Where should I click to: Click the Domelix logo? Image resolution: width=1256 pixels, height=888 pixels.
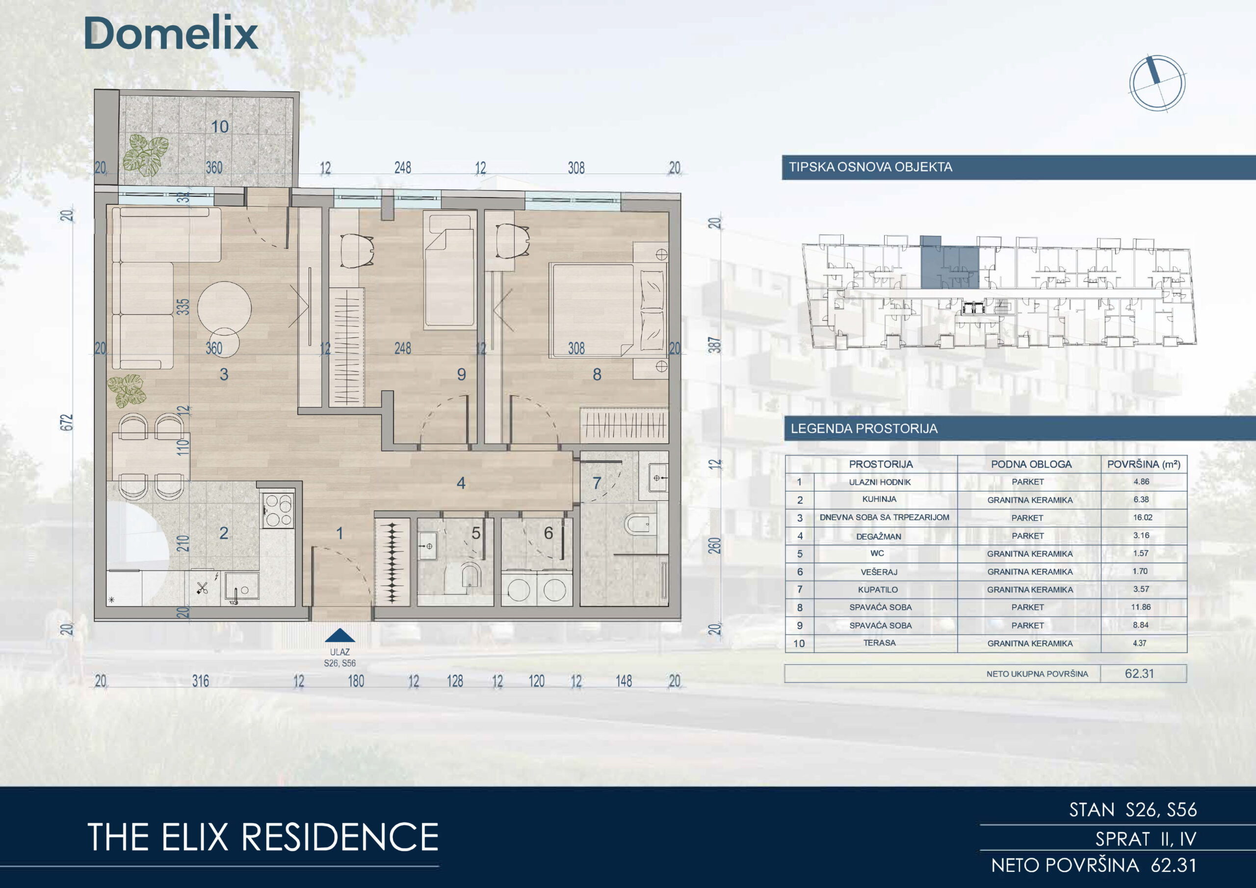point(171,33)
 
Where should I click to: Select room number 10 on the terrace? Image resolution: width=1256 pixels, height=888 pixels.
point(220,127)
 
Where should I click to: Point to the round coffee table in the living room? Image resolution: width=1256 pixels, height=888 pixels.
point(224,307)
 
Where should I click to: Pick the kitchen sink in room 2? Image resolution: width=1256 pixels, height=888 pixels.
point(241,588)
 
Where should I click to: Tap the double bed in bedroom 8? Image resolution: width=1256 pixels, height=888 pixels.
point(608,310)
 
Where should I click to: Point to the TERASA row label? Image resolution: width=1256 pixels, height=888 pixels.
point(879,643)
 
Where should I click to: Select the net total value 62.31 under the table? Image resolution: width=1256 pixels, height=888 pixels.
point(1140,674)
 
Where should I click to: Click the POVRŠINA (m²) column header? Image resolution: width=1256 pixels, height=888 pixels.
point(1143,465)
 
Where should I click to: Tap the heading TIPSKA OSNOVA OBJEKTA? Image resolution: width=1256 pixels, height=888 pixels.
point(870,167)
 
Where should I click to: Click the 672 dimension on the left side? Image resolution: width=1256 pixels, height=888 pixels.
point(66,422)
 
